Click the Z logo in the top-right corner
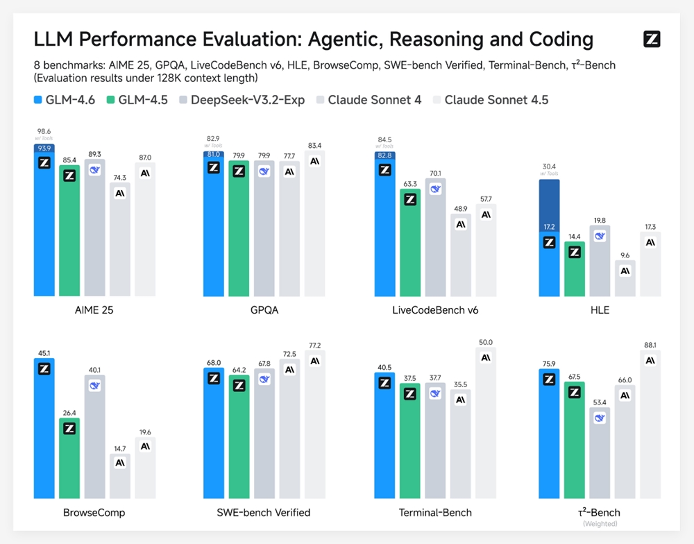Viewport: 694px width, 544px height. (651, 40)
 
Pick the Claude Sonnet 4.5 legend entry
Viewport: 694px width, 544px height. (490, 100)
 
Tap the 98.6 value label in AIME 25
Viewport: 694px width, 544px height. (44, 130)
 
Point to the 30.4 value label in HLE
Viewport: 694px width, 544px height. (548, 167)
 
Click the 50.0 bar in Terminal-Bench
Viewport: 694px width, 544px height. (485, 423)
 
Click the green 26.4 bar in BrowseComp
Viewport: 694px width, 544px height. (69, 458)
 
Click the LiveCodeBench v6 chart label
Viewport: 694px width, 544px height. (435, 310)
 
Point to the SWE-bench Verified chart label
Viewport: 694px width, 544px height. (264, 513)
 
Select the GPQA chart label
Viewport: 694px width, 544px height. (264, 310)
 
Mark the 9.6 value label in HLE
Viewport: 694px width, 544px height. (625, 254)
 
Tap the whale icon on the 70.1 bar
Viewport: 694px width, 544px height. (435, 189)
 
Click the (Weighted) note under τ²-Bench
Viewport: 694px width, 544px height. (600, 524)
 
